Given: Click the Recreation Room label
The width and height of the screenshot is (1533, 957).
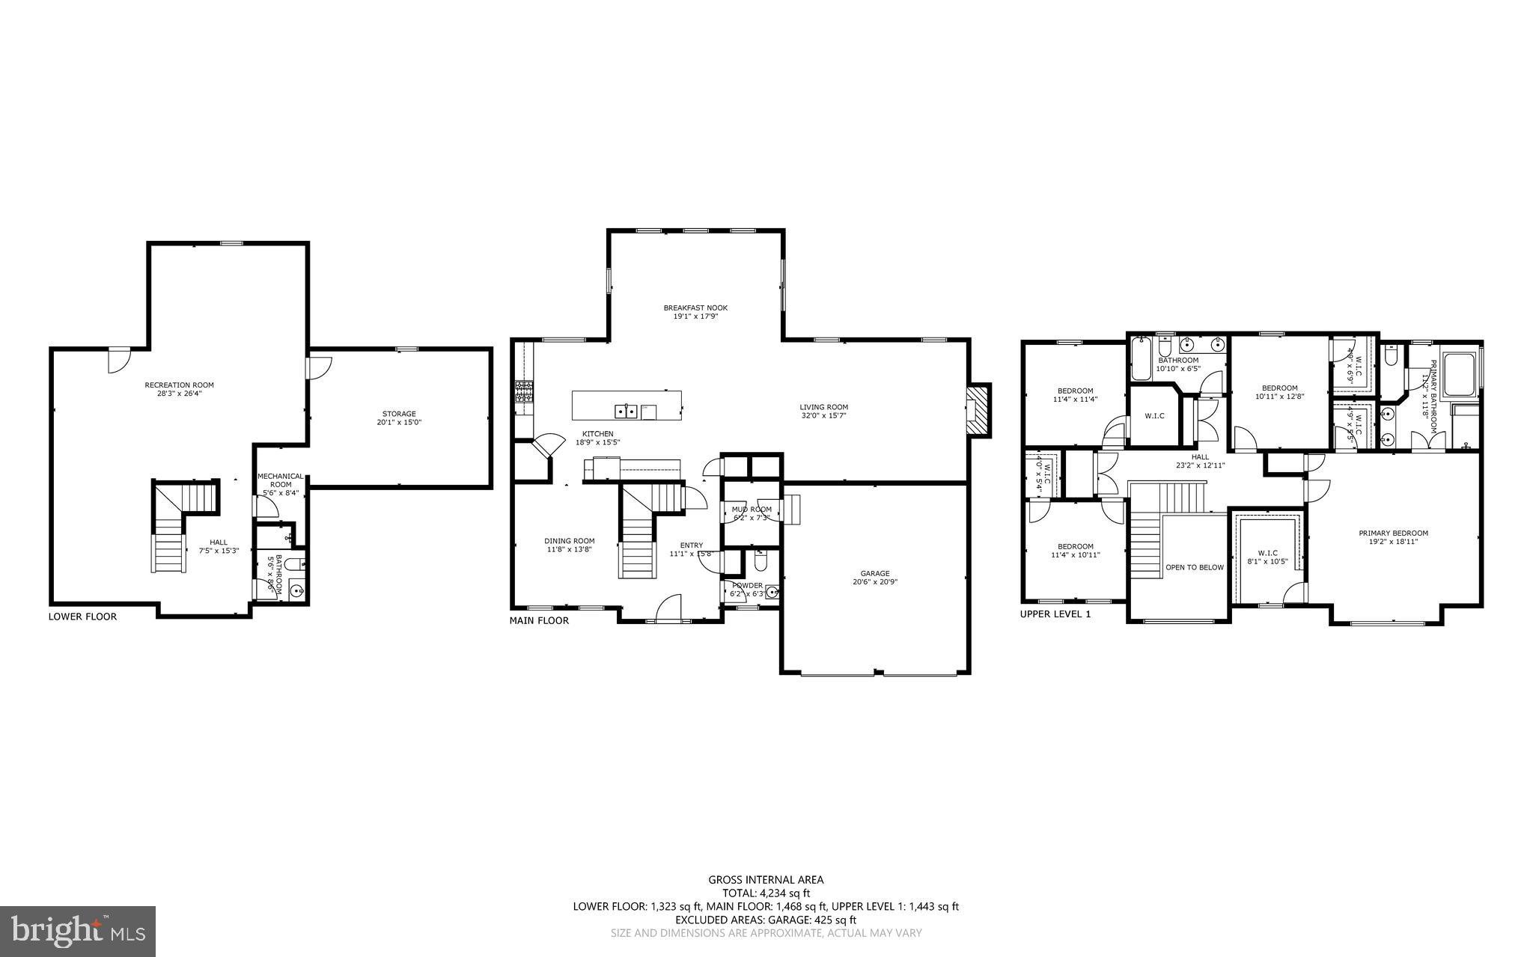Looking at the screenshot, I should (x=179, y=385).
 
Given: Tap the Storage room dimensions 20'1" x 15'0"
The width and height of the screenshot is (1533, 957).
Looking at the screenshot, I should (x=398, y=423).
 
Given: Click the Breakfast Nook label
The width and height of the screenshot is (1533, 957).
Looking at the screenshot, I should (x=695, y=308).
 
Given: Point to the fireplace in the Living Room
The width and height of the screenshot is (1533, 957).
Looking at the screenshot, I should (x=977, y=410).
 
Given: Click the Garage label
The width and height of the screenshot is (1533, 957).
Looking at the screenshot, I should (x=874, y=573).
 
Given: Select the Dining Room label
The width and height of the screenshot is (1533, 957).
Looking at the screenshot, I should (x=569, y=541).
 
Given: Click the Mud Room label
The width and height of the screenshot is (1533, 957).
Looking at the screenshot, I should (x=751, y=510).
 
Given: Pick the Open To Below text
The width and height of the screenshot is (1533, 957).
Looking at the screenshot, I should (x=1194, y=567).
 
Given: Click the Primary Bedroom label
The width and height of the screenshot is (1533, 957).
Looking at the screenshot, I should (x=1393, y=533).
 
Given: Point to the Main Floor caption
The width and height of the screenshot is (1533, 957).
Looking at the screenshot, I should (x=538, y=620).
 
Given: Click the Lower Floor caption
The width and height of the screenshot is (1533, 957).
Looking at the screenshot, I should (x=82, y=617).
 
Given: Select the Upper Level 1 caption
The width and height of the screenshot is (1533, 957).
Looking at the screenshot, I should (x=1055, y=614).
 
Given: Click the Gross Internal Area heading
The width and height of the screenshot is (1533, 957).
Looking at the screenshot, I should (x=766, y=880).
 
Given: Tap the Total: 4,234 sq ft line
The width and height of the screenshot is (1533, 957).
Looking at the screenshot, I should (x=766, y=893).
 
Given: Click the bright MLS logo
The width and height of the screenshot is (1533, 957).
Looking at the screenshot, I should (x=78, y=931).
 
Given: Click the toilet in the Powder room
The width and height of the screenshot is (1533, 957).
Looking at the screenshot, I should (x=761, y=560).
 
